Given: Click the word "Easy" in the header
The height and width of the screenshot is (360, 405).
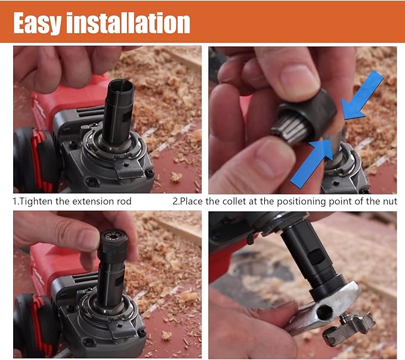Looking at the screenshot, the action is click(37, 23).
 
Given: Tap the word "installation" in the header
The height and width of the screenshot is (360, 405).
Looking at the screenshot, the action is click(128, 23).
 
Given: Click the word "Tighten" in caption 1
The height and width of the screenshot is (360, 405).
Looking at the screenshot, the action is click(36, 201).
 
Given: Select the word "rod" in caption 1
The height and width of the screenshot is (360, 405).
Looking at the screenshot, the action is click(125, 201).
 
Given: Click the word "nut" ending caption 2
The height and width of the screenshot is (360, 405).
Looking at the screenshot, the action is click(390, 201).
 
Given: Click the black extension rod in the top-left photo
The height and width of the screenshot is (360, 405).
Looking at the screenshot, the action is click(118, 111).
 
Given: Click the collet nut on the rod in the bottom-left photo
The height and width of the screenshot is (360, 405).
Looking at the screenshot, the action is click(113, 246).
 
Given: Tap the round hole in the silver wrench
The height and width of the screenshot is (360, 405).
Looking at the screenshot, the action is click(324, 313).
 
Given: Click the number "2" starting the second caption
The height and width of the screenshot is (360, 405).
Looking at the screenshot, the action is click(175, 201).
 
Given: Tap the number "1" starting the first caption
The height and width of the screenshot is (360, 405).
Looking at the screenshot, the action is click(15, 201).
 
